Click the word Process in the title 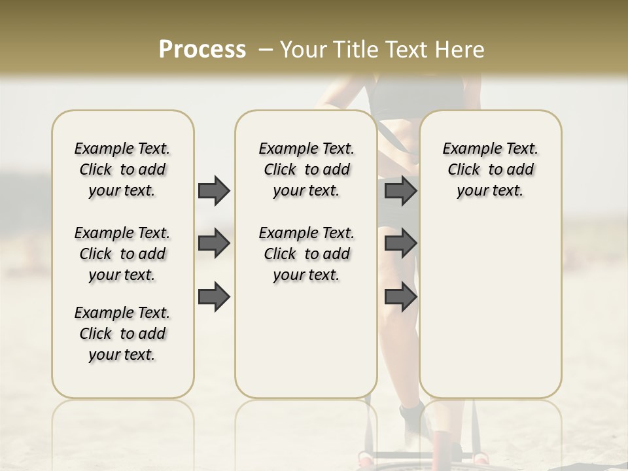pyautogui.click(x=202, y=50)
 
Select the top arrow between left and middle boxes pyautogui.click(x=214, y=190)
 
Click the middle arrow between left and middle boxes pyautogui.click(x=214, y=243)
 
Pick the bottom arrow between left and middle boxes pyautogui.click(x=214, y=296)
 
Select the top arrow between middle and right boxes pyautogui.click(x=400, y=190)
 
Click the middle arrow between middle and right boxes pyautogui.click(x=400, y=243)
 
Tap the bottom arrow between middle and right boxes pyautogui.click(x=400, y=296)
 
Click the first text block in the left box pyautogui.click(x=122, y=169)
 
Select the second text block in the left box pyautogui.click(x=122, y=254)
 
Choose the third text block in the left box pyautogui.click(x=122, y=334)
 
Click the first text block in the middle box pyautogui.click(x=306, y=169)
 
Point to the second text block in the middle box pyautogui.click(x=306, y=254)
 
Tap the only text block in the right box pyautogui.click(x=490, y=169)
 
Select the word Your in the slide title pyautogui.click(x=303, y=50)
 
